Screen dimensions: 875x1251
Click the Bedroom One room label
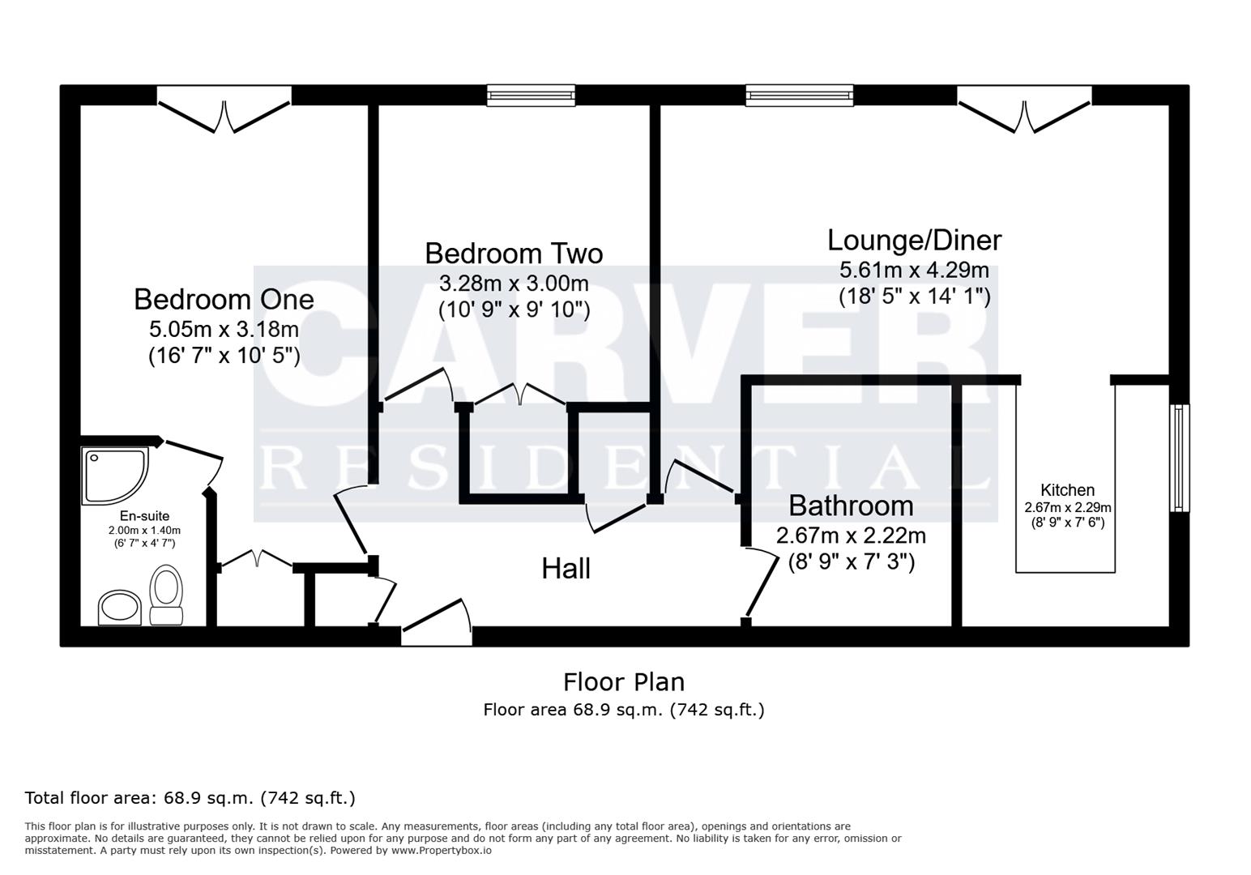click(x=224, y=300)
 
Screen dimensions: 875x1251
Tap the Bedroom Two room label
click(x=514, y=254)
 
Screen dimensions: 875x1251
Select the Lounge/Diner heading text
click(x=914, y=241)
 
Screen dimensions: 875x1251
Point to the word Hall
click(x=566, y=569)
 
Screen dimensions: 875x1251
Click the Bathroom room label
click(x=851, y=506)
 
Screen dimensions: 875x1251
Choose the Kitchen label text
click(x=1067, y=490)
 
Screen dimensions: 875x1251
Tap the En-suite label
click(x=144, y=516)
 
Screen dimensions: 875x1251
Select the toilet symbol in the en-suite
click(x=166, y=595)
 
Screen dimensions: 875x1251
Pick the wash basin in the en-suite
click(x=120, y=608)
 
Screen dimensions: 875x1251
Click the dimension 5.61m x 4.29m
click(x=914, y=270)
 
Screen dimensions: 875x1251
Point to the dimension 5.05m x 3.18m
click(x=224, y=330)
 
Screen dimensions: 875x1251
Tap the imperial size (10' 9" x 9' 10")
click(x=514, y=310)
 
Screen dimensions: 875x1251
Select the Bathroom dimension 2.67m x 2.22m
click(x=851, y=536)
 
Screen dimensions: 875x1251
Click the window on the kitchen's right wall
click(x=1179, y=458)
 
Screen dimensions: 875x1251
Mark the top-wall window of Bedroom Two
click(x=531, y=96)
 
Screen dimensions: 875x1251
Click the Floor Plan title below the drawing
click(x=624, y=681)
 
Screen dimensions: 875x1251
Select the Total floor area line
click(x=190, y=798)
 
